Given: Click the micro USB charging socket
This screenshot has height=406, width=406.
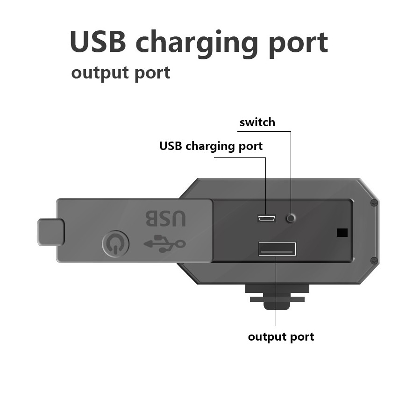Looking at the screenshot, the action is (266, 219).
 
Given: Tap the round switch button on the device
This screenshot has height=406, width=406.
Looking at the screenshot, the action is (291, 218).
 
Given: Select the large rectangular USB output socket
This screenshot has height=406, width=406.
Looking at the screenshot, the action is (277, 249).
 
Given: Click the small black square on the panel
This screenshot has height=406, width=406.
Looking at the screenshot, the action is (342, 233).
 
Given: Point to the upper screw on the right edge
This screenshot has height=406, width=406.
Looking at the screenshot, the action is (374, 203).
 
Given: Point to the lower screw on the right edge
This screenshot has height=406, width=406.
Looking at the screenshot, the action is (374, 261).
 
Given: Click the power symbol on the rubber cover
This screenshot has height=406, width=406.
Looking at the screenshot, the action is (115, 244).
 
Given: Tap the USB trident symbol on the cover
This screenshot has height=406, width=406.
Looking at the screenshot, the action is (164, 243).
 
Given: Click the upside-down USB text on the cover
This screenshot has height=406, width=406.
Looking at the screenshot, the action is (166, 218).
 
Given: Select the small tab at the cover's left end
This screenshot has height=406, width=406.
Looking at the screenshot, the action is (51, 232).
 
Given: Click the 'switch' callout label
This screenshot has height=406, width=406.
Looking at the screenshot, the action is (257, 122).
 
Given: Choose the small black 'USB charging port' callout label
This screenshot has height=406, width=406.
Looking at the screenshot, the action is (211, 146).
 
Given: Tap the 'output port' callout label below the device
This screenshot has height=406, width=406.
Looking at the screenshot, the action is (281, 337).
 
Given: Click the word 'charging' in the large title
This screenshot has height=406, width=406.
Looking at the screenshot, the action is (197, 43).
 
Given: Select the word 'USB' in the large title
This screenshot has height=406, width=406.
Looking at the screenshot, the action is (98, 42).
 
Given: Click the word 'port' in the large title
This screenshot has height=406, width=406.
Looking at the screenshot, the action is (298, 44).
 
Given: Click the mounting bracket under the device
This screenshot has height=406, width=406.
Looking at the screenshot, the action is (277, 297).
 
